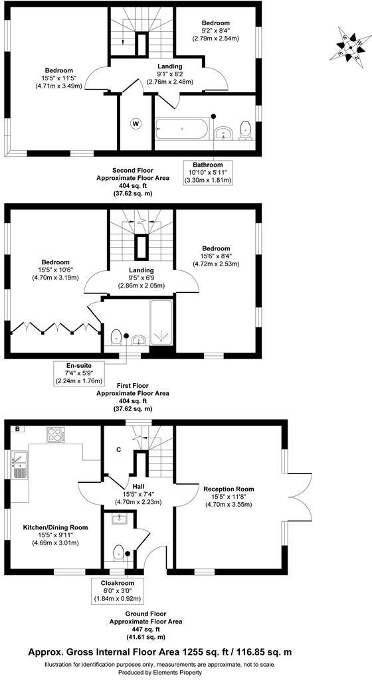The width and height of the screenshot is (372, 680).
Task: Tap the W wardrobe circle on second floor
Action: (136, 123)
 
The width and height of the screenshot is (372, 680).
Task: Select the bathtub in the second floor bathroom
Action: (182, 127)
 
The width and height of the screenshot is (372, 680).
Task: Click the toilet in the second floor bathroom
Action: (245, 130)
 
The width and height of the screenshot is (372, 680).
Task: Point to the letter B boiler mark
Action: (17, 428)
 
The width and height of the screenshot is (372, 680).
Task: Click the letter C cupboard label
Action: (118, 450)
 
